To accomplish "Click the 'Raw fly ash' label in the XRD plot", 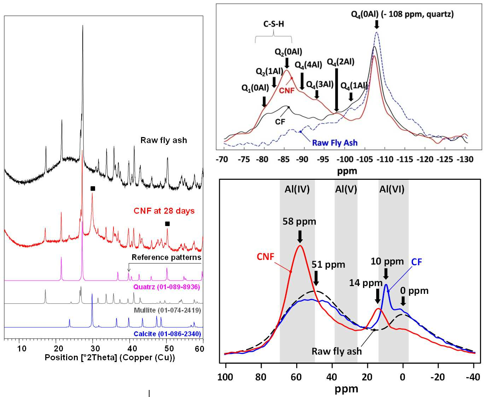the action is pyautogui.click(x=164, y=140).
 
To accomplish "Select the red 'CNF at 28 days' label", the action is pyautogui.click(x=164, y=211).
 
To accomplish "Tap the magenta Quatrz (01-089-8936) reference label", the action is pyautogui.click(x=166, y=287).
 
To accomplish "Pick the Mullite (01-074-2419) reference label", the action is pyautogui.click(x=168, y=310).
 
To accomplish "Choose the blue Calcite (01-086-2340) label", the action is pyautogui.click(x=167, y=334).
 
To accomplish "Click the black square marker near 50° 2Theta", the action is pyautogui.click(x=168, y=224).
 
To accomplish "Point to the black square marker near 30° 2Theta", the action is pyautogui.click(x=93, y=189).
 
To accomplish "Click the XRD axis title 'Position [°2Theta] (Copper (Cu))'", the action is pyautogui.click(x=110, y=357).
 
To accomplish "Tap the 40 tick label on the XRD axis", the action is pyautogui.click(x=132, y=349).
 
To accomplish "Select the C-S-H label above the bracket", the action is pyautogui.click(x=273, y=24).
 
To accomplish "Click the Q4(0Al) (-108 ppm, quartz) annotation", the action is pyautogui.click(x=402, y=14).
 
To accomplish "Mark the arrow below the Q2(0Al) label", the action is pyautogui.click(x=287, y=63).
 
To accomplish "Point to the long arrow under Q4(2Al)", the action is pyautogui.click(x=337, y=90).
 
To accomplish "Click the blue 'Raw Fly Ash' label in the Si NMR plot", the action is pyautogui.click(x=335, y=143).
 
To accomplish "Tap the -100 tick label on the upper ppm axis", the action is pyautogui.click(x=345, y=159).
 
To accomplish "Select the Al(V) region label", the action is pyautogui.click(x=346, y=189).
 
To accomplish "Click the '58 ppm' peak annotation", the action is pyautogui.click(x=299, y=221).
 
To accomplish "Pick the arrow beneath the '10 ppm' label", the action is pyautogui.click(x=386, y=274).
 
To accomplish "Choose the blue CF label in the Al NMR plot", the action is pyautogui.click(x=416, y=262).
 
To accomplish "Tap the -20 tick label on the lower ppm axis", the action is pyautogui.click(x=438, y=377).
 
